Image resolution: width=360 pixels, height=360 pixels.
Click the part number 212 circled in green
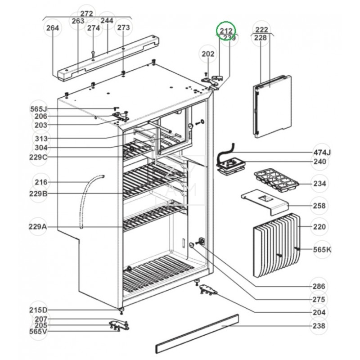[x=226, y=30]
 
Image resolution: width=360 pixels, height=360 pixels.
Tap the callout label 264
[x=53, y=28]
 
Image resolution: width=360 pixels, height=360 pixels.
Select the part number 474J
[x=322, y=152]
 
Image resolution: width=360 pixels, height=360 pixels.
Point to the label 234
[x=320, y=184]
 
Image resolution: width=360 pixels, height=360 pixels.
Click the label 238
[x=320, y=325]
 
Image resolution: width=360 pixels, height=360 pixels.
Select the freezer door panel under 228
[x=272, y=106]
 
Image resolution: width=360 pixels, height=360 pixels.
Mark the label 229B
[x=38, y=194]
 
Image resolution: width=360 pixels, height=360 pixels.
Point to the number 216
[x=41, y=182]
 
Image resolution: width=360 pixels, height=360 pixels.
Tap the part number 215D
[x=38, y=310]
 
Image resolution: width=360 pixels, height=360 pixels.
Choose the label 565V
[x=38, y=332]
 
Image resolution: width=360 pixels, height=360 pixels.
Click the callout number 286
[x=320, y=286]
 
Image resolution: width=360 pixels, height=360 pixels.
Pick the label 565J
[x=39, y=109]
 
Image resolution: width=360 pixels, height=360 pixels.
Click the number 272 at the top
[x=86, y=13]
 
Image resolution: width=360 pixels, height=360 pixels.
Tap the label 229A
[x=38, y=227]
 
